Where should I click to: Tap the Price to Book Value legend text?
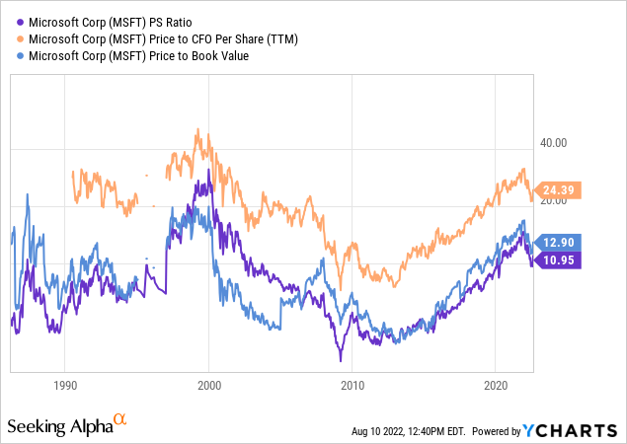coord(137,55)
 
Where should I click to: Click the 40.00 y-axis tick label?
coord(550,143)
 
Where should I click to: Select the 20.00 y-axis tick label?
coord(550,201)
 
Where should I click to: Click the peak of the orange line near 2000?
coord(199,129)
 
